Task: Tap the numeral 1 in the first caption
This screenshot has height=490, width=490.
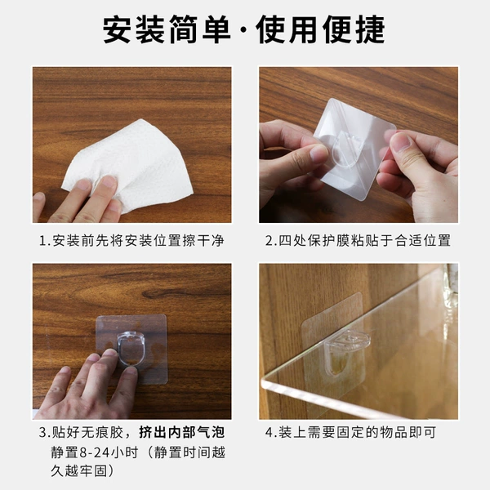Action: [x=42, y=241]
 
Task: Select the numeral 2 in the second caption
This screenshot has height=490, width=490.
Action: [x=269, y=241]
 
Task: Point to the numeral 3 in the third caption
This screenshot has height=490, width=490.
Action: [x=42, y=433]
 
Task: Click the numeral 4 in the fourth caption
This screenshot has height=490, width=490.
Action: [x=269, y=433]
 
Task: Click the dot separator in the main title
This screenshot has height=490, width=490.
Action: [x=244, y=31]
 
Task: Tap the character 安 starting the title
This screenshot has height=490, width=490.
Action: [x=117, y=29]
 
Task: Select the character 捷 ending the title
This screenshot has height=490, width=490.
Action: [x=371, y=29]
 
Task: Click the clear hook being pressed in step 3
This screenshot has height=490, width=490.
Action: [x=131, y=348]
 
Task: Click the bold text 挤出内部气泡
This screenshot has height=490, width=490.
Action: [x=182, y=433]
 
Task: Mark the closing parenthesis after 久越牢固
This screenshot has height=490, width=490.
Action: [x=110, y=471]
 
